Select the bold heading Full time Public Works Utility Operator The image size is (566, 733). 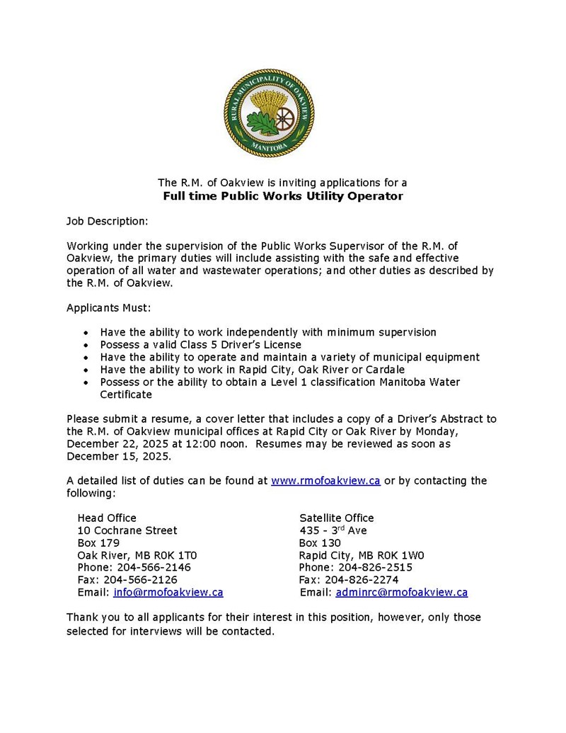point(282,196)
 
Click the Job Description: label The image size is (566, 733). point(108,221)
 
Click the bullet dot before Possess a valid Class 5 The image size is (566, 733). point(86,345)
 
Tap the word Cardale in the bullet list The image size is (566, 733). point(385,370)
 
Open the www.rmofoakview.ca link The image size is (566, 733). point(325,481)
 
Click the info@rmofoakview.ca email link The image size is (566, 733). point(168,593)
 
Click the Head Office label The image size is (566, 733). point(107,518)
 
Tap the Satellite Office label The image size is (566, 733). point(336,518)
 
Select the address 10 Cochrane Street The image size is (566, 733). point(127,530)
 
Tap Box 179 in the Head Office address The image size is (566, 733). point(98,543)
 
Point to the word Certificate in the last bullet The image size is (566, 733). point(126,394)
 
